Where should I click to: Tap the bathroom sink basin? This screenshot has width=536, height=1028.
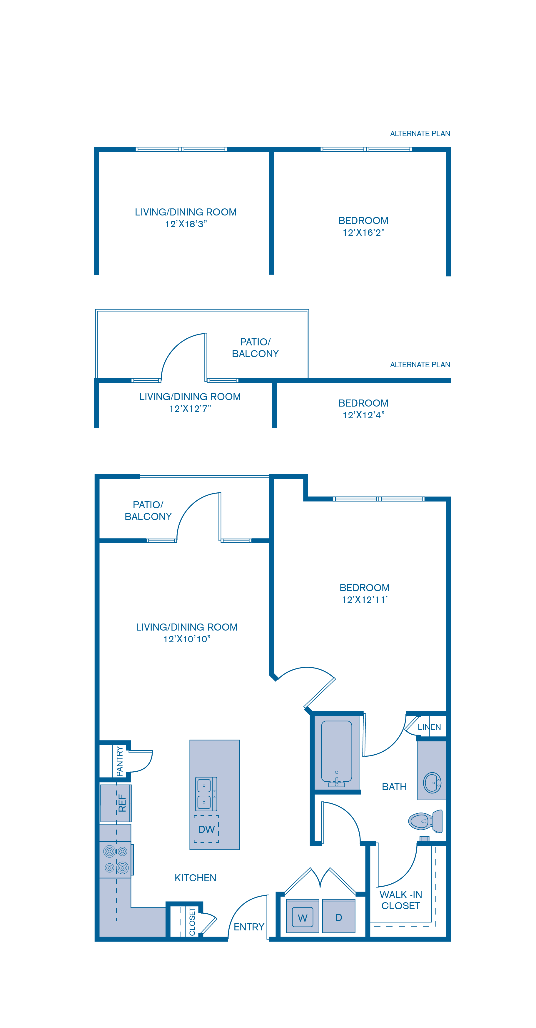(x=432, y=783)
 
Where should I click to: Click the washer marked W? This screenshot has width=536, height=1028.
(x=303, y=918)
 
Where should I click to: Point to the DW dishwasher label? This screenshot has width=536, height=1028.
(x=206, y=829)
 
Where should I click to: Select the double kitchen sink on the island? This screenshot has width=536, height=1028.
(x=206, y=794)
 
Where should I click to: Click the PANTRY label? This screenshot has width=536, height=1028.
(x=119, y=761)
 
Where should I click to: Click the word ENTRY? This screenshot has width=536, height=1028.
(x=249, y=927)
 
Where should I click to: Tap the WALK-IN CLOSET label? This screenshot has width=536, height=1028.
(x=401, y=900)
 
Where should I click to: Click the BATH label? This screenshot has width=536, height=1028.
(x=394, y=787)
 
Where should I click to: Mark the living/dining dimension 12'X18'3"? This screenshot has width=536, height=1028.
(x=186, y=224)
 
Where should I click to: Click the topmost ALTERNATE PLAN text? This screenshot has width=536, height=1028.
(x=420, y=134)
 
